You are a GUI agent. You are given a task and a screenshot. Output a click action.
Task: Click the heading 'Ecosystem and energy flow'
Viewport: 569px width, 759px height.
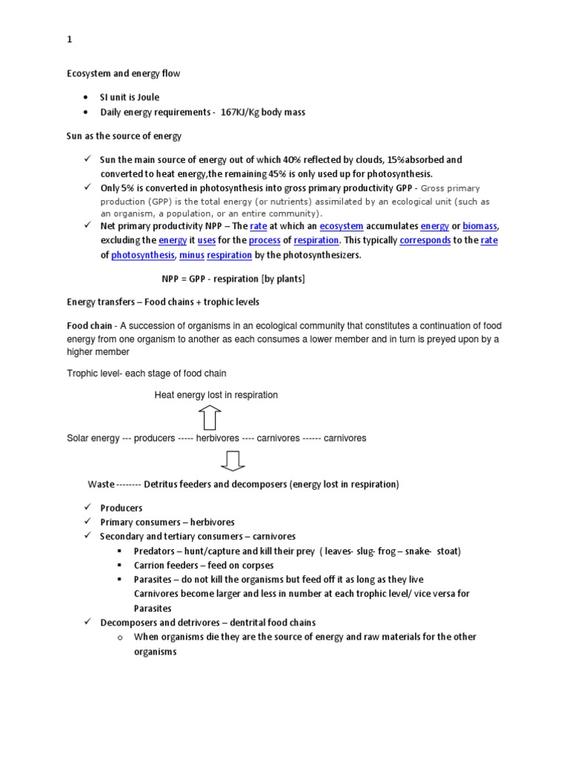[x=124, y=73]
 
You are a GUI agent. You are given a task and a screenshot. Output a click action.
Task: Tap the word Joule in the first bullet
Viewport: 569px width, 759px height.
[x=146, y=97]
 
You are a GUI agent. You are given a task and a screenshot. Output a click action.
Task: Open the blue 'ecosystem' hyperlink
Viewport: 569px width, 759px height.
[x=342, y=227]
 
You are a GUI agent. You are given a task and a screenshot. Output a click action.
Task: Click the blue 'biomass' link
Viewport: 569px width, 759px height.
[x=480, y=227]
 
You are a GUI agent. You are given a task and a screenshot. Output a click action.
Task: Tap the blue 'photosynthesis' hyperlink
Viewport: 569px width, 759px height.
[x=142, y=255]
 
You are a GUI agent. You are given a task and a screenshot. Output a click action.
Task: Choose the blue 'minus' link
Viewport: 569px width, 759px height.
[x=191, y=255]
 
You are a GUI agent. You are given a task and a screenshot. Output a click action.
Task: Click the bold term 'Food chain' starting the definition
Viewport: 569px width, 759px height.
[x=90, y=326]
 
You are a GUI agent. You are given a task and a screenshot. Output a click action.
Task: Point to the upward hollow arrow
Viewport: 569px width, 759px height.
[x=210, y=418]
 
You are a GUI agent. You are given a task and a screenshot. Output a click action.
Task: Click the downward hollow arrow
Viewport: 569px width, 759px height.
[x=232, y=461]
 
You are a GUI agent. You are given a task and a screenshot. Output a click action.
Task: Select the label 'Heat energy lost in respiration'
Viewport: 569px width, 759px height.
[x=216, y=395]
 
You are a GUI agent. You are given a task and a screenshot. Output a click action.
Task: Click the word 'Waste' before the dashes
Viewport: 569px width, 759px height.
[x=101, y=484]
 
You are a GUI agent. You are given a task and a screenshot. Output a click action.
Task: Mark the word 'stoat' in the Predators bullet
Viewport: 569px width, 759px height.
[x=447, y=551]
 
